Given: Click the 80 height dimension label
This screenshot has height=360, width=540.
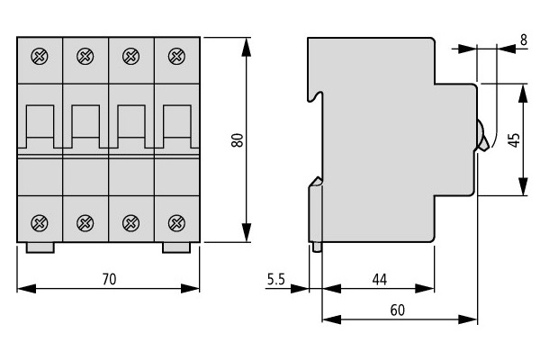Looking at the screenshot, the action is pyautogui.click(x=238, y=140).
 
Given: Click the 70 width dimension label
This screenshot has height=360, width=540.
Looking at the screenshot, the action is pyautogui.click(x=110, y=279).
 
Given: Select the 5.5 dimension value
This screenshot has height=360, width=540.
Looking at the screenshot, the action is pyautogui.click(x=276, y=279).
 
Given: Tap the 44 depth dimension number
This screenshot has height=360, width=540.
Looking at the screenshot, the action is pyautogui.click(x=380, y=279).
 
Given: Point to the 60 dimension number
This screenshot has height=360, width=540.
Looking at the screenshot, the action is pyautogui.click(x=398, y=310).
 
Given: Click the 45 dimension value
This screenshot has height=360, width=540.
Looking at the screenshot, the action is pyautogui.click(x=514, y=140).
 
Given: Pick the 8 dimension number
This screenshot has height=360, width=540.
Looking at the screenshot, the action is pyautogui.click(x=524, y=40).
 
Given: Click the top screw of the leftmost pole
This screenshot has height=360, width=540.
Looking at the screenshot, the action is pyautogui.click(x=40, y=56).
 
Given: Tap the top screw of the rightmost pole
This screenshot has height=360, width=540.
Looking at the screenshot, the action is pyautogui.click(x=176, y=56).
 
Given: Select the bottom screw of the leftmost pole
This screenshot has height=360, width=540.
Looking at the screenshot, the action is pyautogui.click(x=40, y=223).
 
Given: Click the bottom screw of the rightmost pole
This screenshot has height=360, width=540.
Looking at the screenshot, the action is pyautogui.click(x=176, y=223).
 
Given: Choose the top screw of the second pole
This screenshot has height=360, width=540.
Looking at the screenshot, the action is pyautogui.click(x=85, y=56).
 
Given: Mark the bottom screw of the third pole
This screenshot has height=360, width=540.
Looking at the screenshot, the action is pyautogui.click(x=130, y=223).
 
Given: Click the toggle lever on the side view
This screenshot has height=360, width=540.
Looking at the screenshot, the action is pyautogui.click(x=481, y=136).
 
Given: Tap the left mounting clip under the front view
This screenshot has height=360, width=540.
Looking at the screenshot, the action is pyautogui.click(x=40, y=247).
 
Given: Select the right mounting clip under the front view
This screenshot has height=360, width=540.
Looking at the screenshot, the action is pyautogui.click(x=176, y=247).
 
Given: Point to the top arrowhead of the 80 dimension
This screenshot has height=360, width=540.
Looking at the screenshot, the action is pyautogui.click(x=247, y=47).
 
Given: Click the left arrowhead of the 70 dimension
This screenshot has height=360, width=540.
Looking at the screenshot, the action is pyautogui.click(x=26, y=288).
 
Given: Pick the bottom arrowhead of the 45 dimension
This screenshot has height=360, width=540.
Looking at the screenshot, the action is pyautogui.click(x=523, y=186).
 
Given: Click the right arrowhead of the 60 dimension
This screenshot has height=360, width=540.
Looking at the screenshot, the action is pyautogui.click(x=468, y=319).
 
